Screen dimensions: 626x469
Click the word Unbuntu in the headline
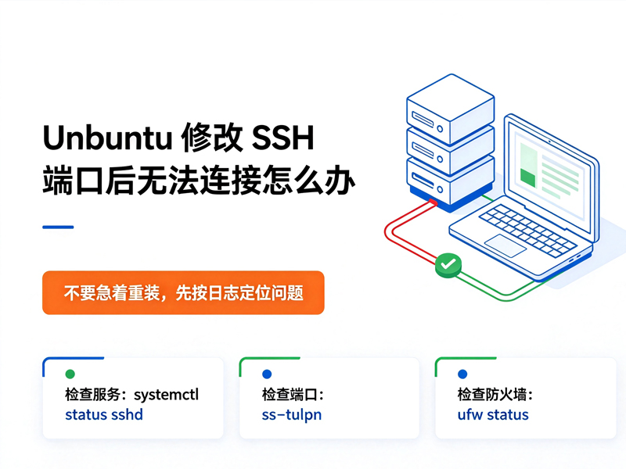tap(107, 138)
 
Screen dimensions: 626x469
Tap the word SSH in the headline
tap(282, 138)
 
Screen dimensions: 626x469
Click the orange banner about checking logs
tap(183, 292)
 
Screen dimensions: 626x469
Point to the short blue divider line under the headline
tap(58, 227)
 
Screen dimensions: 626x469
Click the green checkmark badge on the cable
tap(448, 265)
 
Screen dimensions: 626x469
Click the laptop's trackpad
tap(505, 245)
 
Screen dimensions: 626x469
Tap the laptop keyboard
tap(527, 230)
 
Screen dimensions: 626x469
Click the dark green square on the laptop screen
tap(527, 177)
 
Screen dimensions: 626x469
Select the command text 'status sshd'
tap(104, 415)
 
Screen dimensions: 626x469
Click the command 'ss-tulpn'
tap(291, 415)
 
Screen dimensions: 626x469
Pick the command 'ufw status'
tap(493, 415)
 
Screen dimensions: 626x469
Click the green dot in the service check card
tap(70, 374)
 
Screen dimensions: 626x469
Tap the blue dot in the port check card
tap(267, 374)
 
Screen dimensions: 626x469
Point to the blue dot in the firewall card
tap(462, 374)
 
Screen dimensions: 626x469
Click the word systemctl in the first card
tap(166, 395)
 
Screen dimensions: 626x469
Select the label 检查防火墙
tap(491, 395)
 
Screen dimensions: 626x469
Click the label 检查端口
tap(289, 395)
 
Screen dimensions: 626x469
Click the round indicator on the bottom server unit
tap(440, 189)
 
